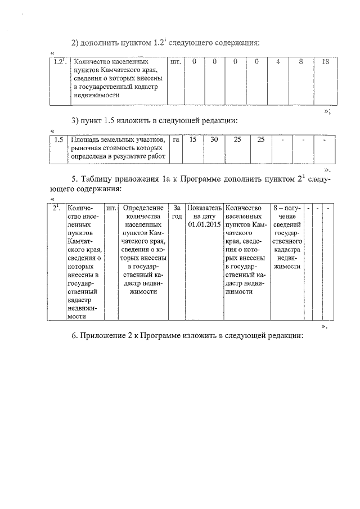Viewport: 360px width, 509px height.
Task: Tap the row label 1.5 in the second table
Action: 57,139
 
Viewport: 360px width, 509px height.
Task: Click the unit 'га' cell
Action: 175,139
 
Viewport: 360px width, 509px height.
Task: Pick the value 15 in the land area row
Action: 193,139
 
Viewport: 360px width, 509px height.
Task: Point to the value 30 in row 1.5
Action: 214,139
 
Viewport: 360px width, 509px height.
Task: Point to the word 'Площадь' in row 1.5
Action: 84,139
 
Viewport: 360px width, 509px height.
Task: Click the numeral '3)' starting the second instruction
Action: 76,120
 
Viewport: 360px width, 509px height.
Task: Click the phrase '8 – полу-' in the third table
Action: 286,208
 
